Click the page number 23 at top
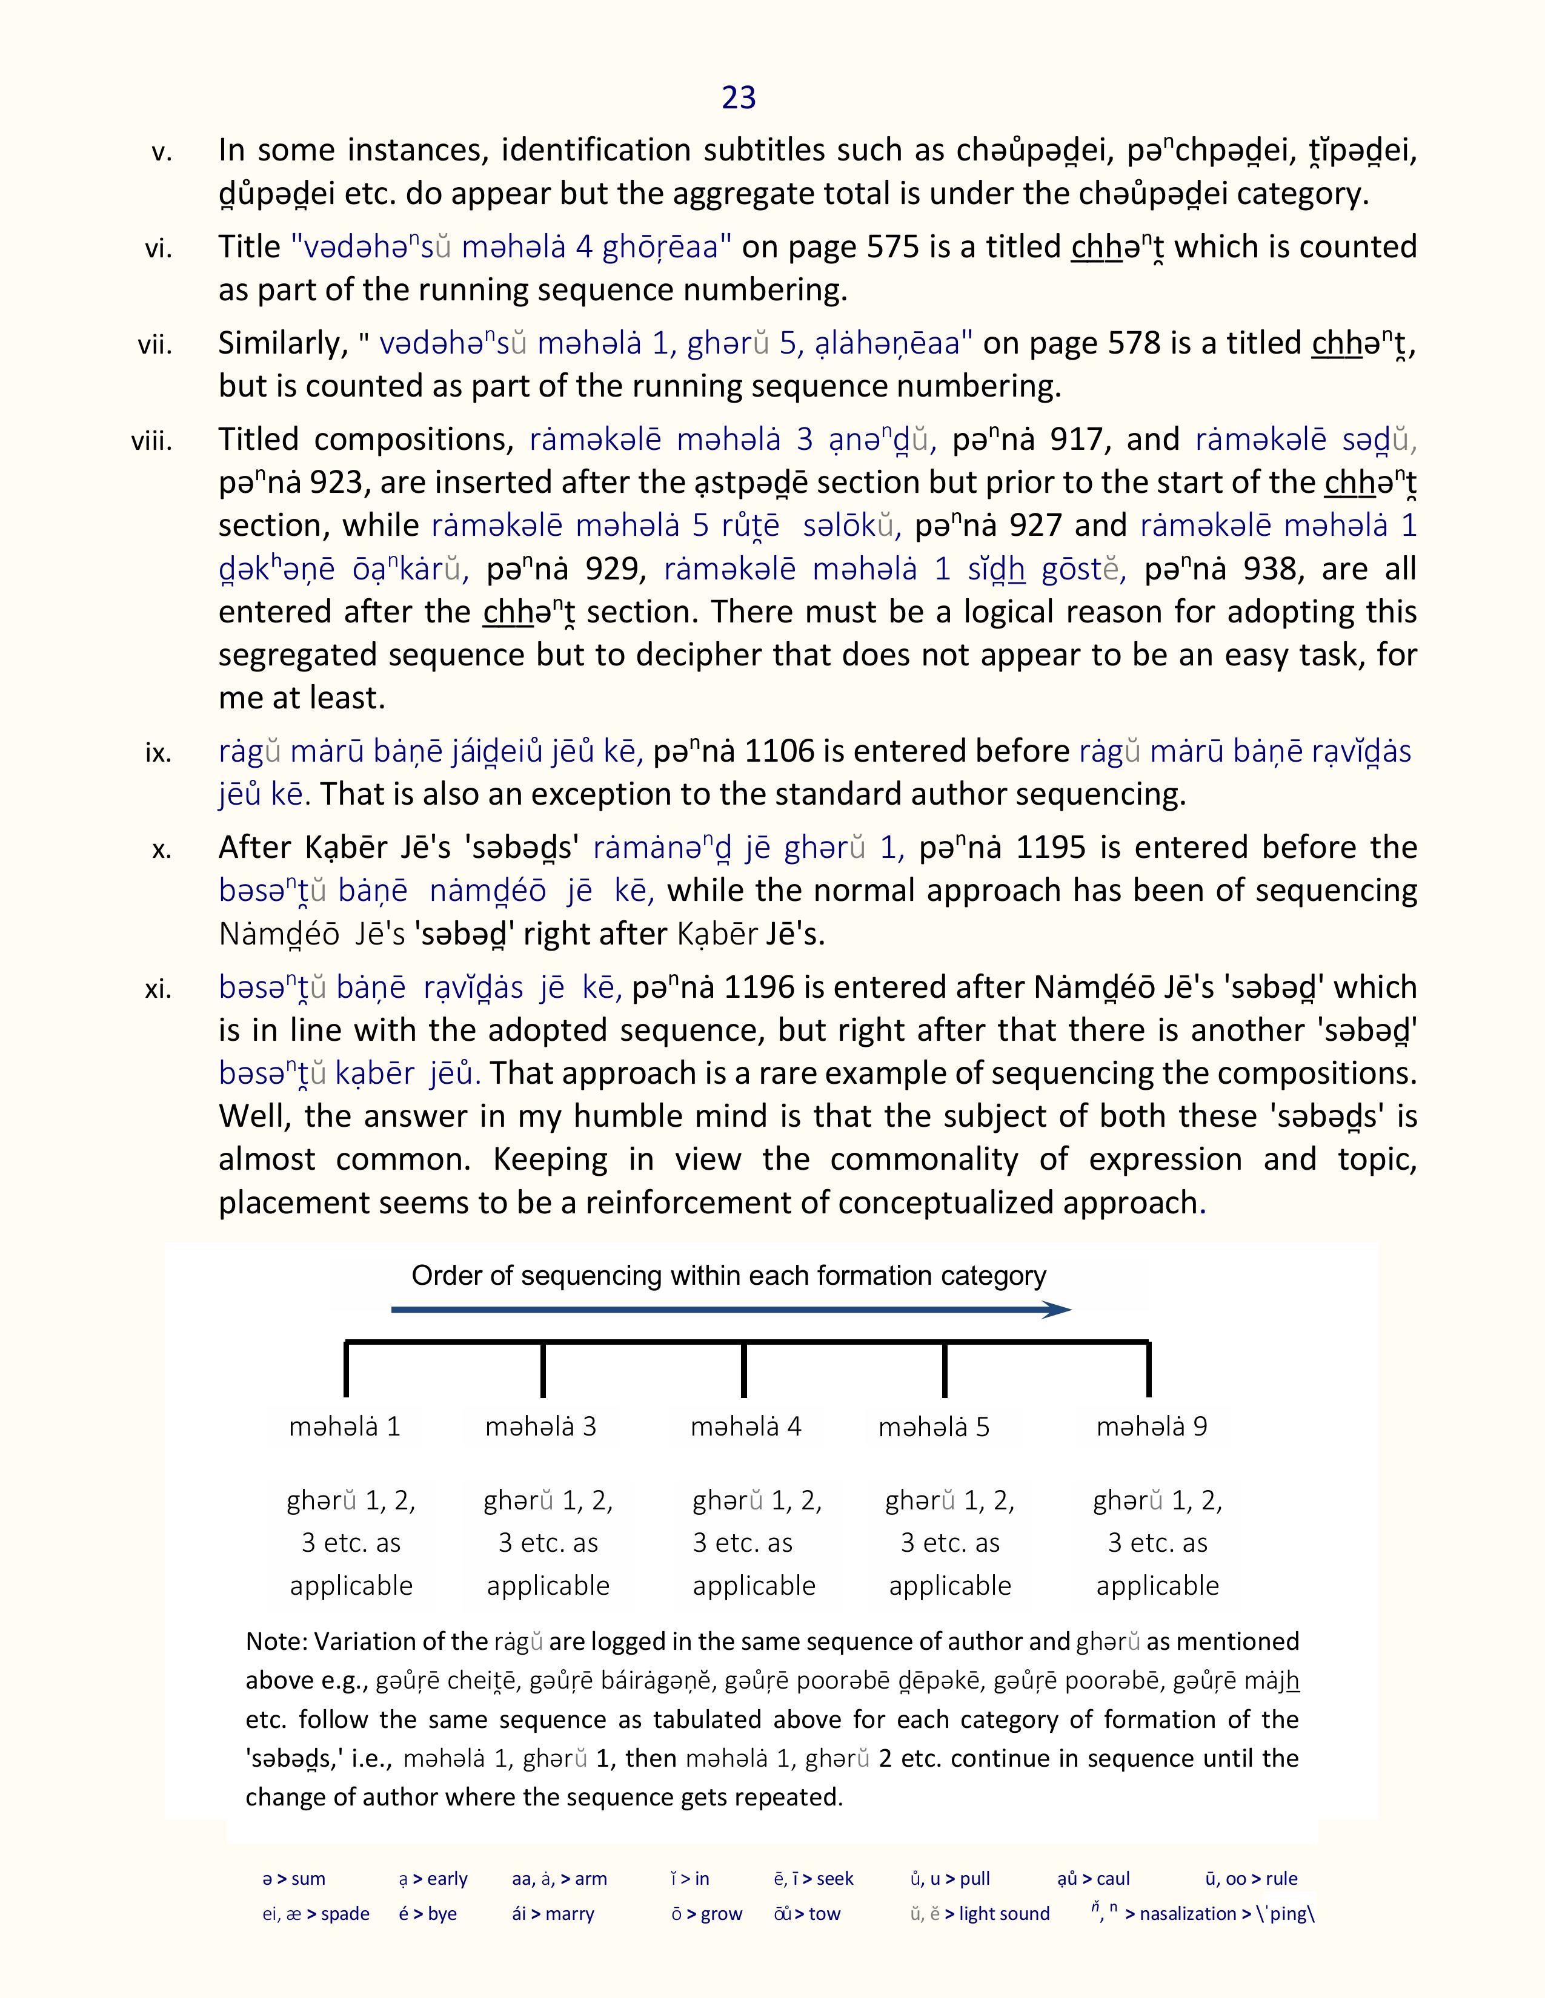(x=739, y=97)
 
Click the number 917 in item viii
(x=1082, y=440)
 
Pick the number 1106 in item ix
(x=779, y=751)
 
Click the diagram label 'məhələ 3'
(x=541, y=1426)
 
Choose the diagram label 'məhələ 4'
(x=746, y=1426)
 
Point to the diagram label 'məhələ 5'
(x=934, y=1427)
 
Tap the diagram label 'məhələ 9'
(x=1151, y=1426)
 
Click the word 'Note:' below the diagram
(x=276, y=1641)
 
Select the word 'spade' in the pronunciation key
(x=345, y=1914)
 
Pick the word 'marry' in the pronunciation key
(x=570, y=1914)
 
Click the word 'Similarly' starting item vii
(x=282, y=344)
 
